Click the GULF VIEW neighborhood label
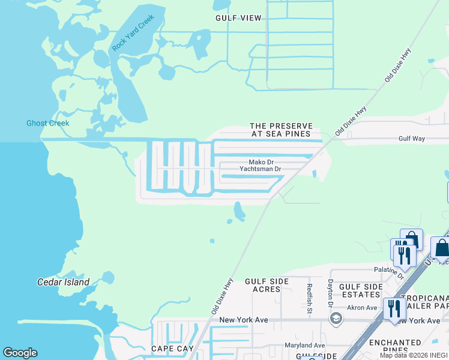click(x=238, y=18)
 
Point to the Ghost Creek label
click(x=47, y=124)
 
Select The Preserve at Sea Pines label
click(x=281, y=130)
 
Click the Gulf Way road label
click(x=412, y=139)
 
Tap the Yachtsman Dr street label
click(x=261, y=169)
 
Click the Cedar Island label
click(x=63, y=282)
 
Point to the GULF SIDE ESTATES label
click(x=361, y=291)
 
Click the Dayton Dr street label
click(x=330, y=294)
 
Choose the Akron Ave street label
click(x=362, y=308)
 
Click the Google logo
click(x=20, y=353)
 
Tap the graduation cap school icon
click(x=336, y=318)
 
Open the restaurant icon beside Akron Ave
click(x=394, y=309)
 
